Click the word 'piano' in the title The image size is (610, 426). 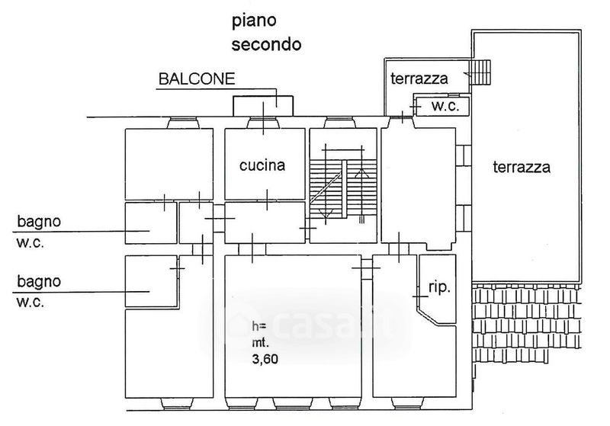coord(254,21)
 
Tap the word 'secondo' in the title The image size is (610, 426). coord(266,44)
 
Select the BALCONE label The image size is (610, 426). coord(197,79)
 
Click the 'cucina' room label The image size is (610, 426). coord(262,165)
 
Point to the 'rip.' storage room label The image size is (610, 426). coord(440,287)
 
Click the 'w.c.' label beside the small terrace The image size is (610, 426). coord(445,106)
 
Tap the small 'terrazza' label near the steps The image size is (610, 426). coord(419,78)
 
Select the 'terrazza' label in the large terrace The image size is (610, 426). coord(522,167)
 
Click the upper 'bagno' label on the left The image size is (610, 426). coord(39,222)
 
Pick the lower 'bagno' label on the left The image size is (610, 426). coord(39,281)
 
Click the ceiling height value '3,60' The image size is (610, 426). coord(265,359)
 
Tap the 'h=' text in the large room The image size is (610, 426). coord(259,325)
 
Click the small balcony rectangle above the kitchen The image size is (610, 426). coord(263,106)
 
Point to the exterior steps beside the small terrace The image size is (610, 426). coord(480,72)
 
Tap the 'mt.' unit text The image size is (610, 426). coord(260,342)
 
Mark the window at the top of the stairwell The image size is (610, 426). coord(339,123)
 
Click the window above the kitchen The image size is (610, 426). coord(263,123)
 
